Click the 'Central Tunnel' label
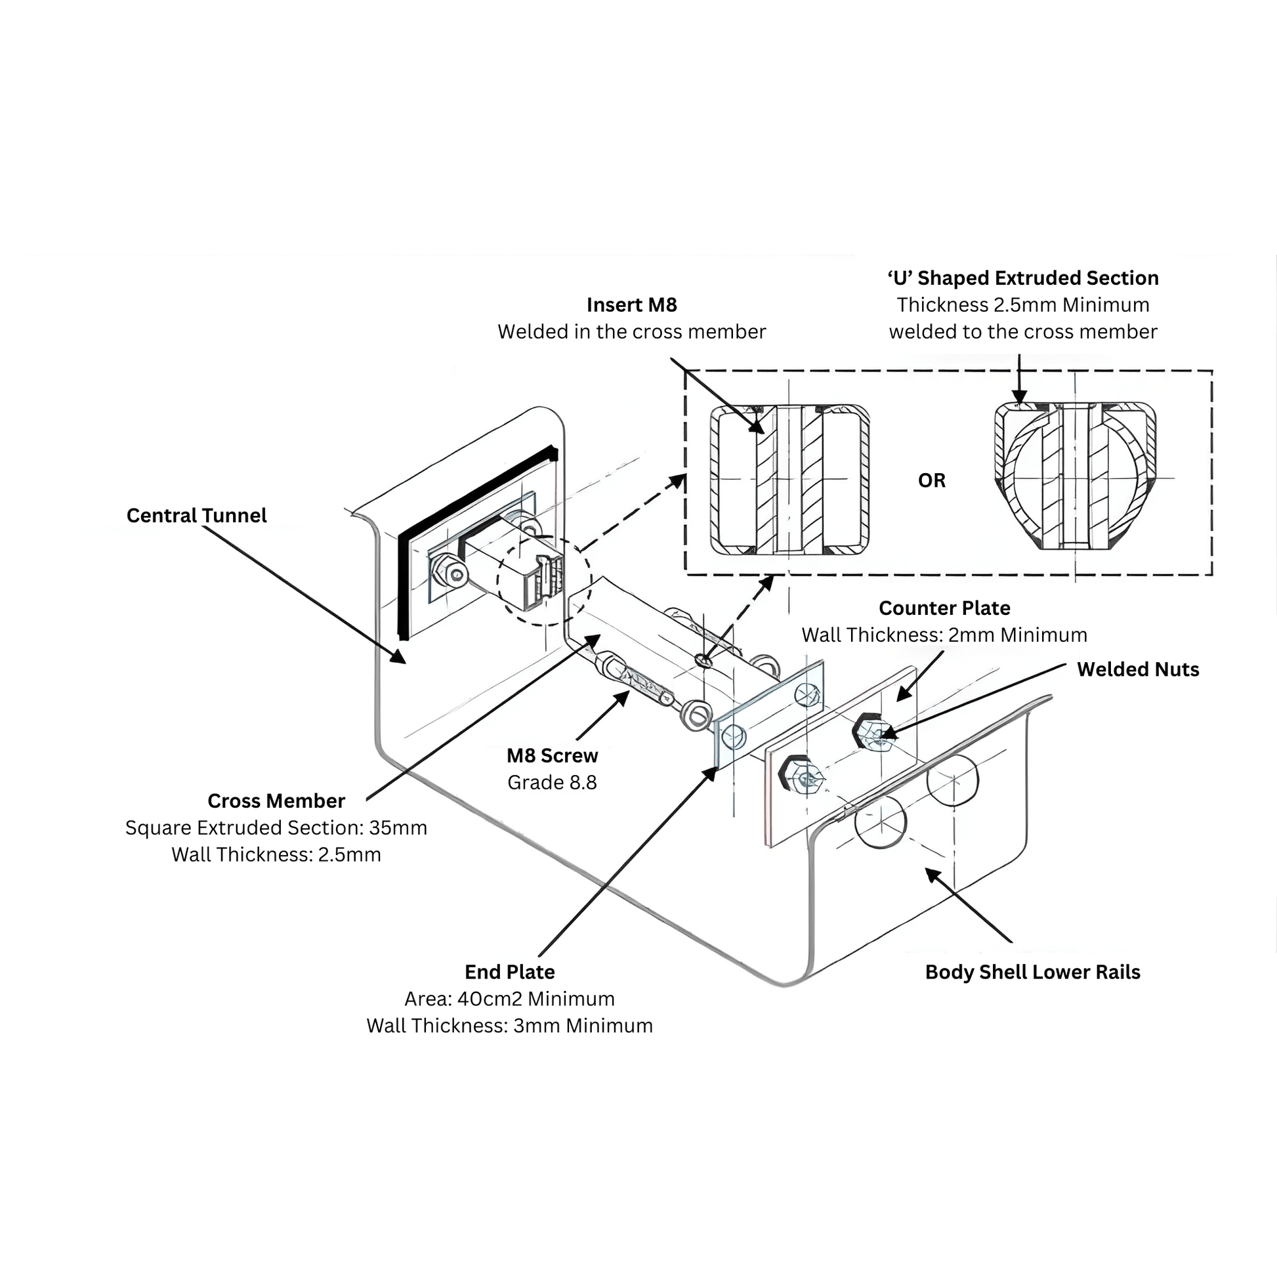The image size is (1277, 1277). pos(196,516)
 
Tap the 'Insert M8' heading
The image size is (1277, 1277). pos(631,304)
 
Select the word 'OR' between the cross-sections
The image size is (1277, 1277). pos(931,480)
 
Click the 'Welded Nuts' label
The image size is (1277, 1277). pos(1137,669)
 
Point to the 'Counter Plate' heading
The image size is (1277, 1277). pos(944,608)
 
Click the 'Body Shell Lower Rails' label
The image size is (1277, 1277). pos(1032,973)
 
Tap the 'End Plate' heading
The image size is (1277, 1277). pos(509,972)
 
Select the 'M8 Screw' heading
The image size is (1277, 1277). pos(552,755)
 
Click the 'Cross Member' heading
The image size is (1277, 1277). pos(276,801)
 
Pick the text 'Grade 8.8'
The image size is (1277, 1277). pos(552,783)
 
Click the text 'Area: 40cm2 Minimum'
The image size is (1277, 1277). pos(509,999)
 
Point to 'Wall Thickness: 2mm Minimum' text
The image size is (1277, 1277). pos(944,635)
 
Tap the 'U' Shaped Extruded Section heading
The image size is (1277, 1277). pos(1022,278)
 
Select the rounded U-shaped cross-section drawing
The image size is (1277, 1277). pos(1075,476)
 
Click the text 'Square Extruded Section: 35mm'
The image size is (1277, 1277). pos(276,827)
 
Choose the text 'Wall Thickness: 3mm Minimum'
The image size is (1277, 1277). pos(509,1026)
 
